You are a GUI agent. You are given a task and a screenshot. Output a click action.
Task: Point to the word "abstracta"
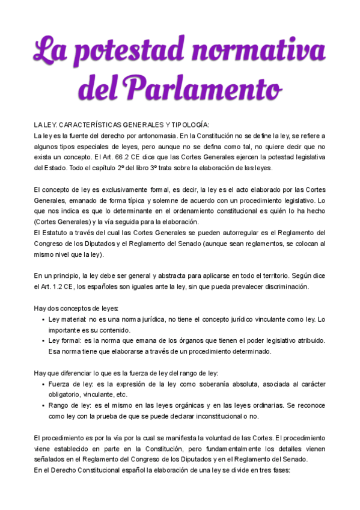[x=165, y=276]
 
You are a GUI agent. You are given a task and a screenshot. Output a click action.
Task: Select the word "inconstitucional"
[x=212, y=417]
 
